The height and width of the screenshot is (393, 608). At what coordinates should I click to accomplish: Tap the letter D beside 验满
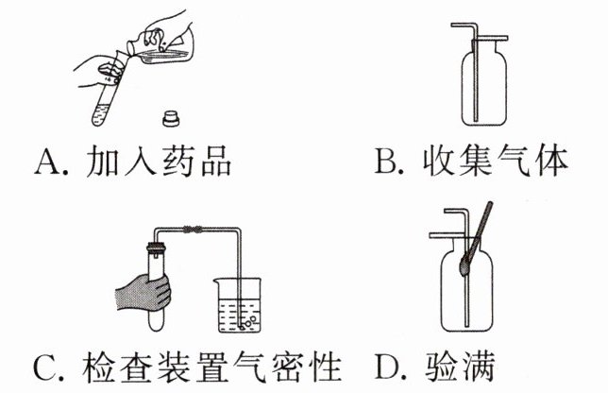389,364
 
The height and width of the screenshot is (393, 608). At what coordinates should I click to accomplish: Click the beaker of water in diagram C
240,307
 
